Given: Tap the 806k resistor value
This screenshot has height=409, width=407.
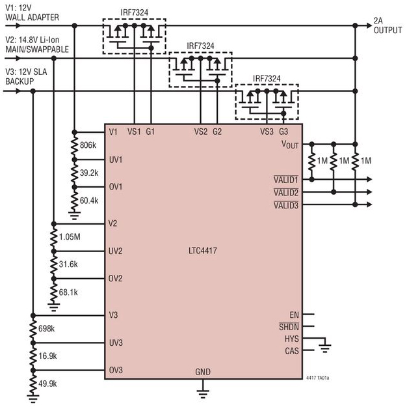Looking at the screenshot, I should pos(88,145).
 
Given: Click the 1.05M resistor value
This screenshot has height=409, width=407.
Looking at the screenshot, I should pos(69,237).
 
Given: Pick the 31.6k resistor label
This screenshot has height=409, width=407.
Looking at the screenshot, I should pos(68,264).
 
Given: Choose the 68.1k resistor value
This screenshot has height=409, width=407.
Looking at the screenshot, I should pos(68,292).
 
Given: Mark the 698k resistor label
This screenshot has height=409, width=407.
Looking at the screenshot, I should pos(46,329).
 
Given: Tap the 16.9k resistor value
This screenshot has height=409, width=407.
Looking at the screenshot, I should pos(47,356).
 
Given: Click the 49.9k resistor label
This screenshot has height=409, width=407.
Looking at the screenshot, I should pos(47,384).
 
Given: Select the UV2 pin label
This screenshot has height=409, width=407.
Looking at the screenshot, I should pos(116,251).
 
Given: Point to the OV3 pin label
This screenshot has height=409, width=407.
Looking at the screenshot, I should pos(116,371).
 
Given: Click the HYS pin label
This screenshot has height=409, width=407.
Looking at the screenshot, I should pos(291,339).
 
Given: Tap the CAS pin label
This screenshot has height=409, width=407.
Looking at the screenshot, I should pos(291,352).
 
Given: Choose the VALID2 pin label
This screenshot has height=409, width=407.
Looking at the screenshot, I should pos(285,193).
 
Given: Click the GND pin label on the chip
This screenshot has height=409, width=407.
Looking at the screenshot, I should pos(203,372).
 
